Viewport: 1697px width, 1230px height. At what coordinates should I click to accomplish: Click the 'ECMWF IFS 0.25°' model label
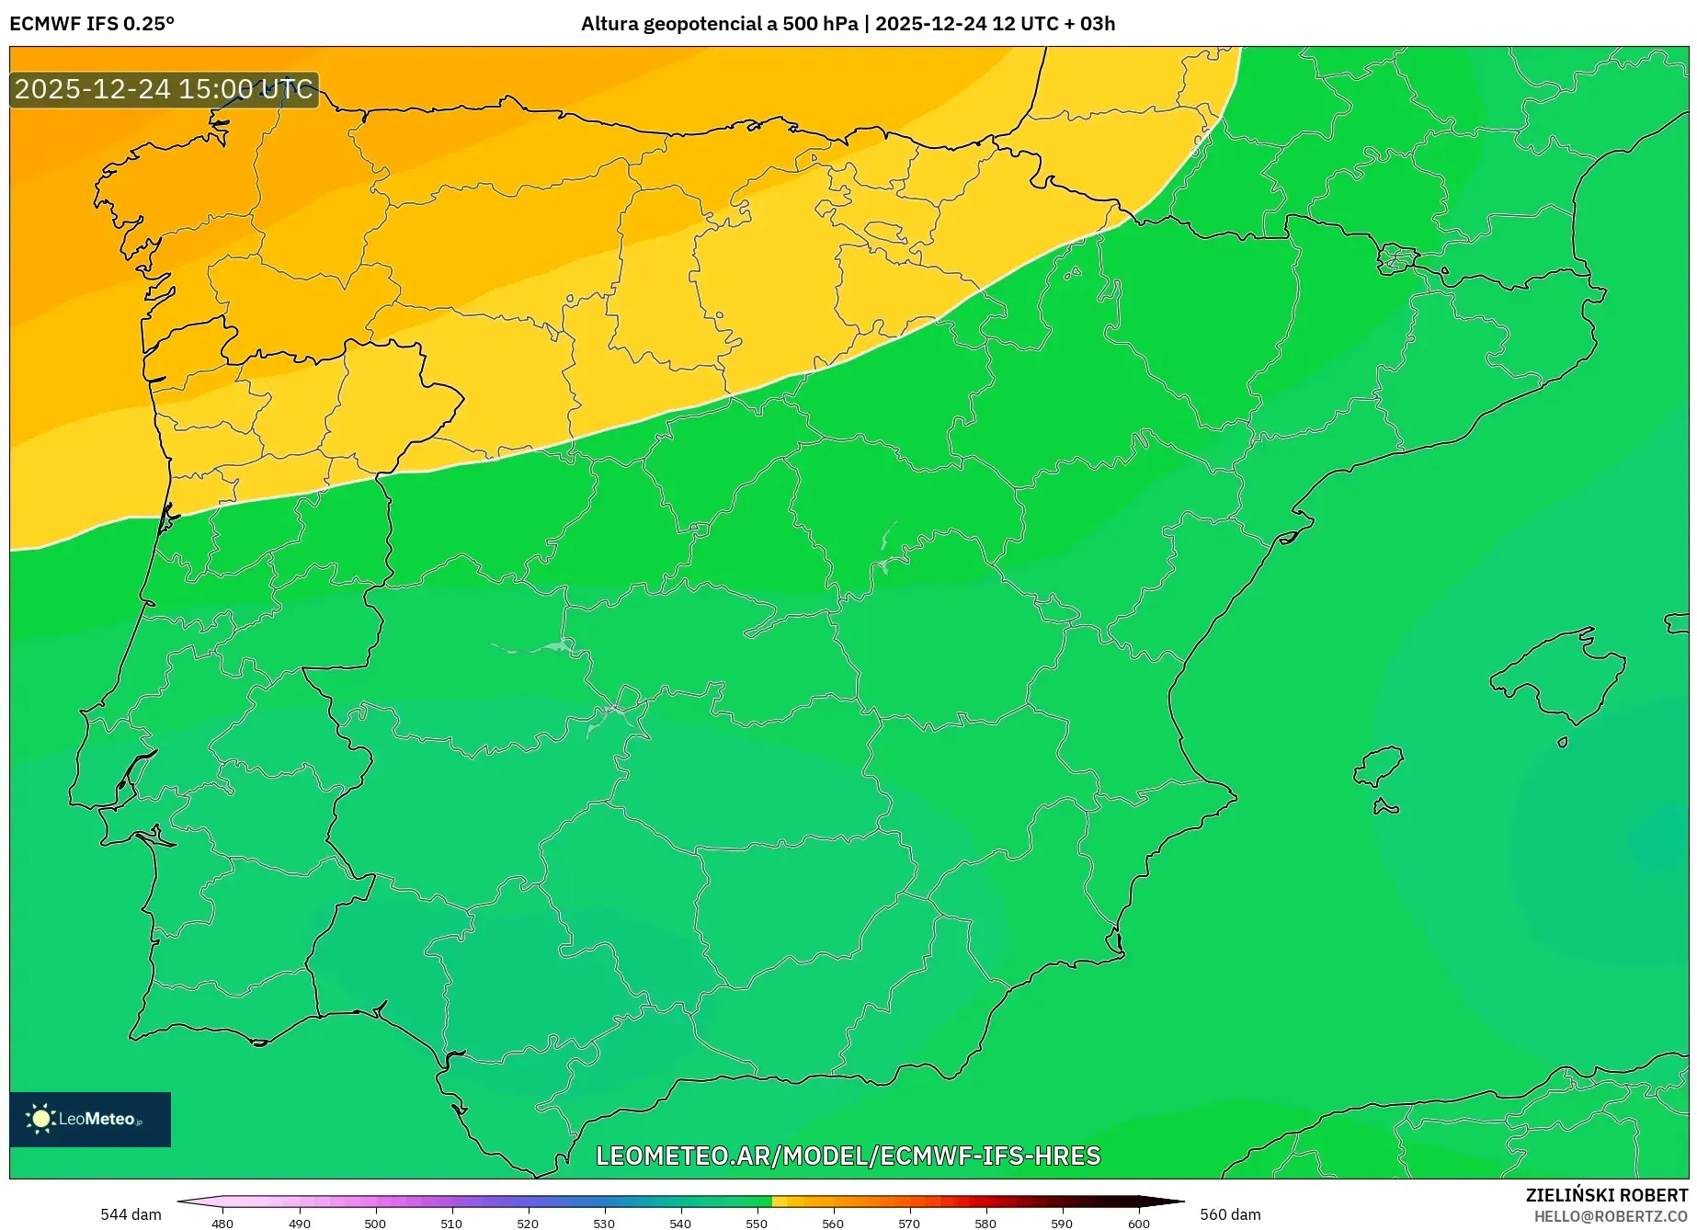(92, 24)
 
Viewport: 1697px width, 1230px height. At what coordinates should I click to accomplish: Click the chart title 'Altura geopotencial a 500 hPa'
(719, 24)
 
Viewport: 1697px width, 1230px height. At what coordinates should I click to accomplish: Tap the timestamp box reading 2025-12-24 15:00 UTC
(164, 89)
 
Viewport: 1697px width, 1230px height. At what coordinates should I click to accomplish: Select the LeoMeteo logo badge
(90, 1119)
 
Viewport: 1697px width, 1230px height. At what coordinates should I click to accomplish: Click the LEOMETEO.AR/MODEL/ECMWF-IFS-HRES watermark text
(848, 1156)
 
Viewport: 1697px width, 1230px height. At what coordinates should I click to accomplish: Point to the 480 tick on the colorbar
(222, 1223)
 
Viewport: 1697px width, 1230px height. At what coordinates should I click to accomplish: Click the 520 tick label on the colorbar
(528, 1223)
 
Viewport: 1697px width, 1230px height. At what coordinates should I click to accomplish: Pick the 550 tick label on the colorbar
(757, 1223)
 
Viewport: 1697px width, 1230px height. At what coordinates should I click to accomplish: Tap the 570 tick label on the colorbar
(909, 1223)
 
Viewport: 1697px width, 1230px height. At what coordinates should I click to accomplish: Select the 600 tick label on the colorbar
(1139, 1223)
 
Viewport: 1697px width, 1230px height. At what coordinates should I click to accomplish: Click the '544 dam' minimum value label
(131, 1214)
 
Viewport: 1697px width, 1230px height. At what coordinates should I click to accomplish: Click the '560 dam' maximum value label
(1230, 1214)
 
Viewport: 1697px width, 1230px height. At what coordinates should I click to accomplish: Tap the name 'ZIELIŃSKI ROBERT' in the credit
(1607, 1195)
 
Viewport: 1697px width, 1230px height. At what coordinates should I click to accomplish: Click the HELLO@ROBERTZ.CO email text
(1611, 1216)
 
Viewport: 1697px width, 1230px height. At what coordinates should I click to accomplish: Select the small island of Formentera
(1384, 807)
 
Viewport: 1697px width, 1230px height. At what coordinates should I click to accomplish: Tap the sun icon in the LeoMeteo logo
(40, 1118)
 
